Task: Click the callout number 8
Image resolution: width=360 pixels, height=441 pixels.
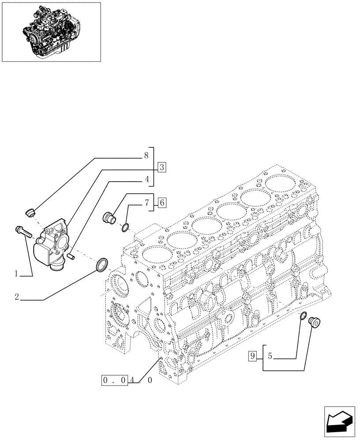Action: pos(146,155)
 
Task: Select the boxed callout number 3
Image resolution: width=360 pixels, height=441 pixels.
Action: pos(162,167)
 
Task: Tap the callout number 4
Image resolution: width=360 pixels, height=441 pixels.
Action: pos(146,179)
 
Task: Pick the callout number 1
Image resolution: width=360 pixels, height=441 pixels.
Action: pos(16,273)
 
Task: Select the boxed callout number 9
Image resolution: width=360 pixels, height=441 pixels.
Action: pos(252,356)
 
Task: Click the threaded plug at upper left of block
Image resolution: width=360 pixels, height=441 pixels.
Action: pos(108,217)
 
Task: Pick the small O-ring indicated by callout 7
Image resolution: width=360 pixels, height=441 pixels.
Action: pos(125,228)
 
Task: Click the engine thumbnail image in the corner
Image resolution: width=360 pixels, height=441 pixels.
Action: pos(51,31)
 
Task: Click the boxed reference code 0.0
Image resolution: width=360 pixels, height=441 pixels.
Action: pos(115,380)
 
